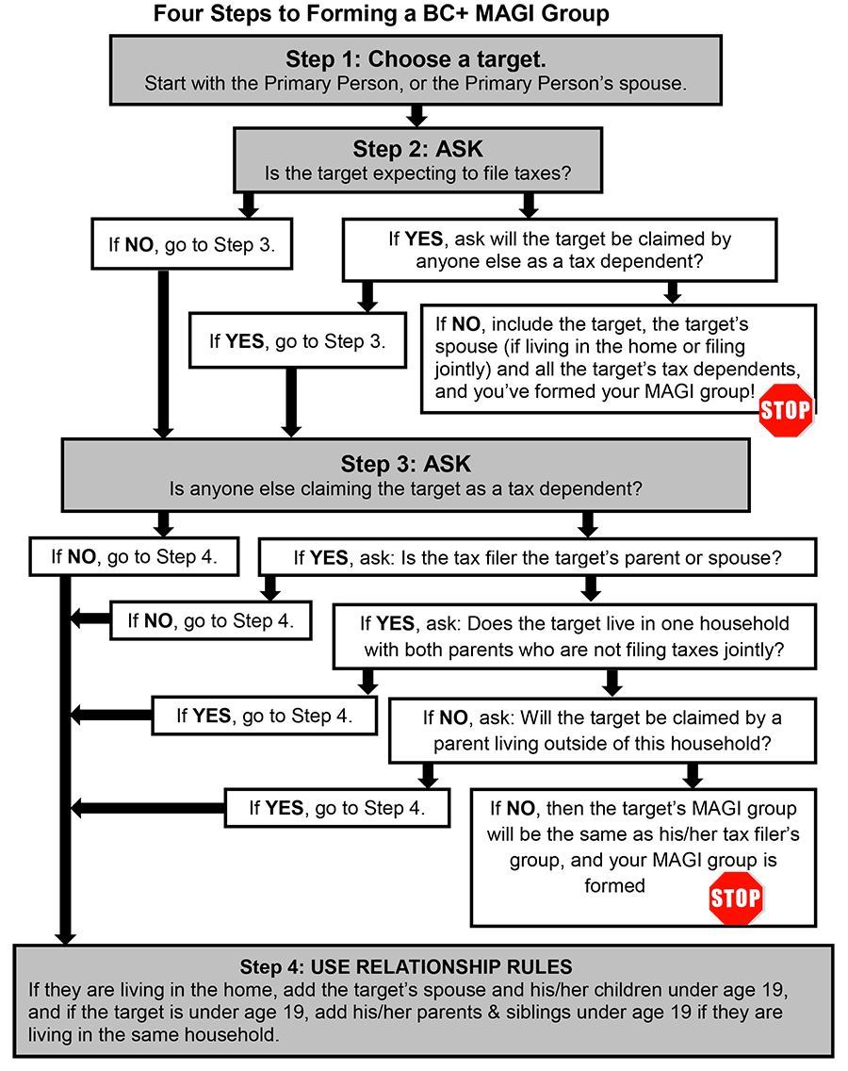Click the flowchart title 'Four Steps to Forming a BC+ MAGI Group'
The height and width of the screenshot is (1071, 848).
point(381,14)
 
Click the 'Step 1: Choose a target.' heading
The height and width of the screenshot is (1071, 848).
point(416,59)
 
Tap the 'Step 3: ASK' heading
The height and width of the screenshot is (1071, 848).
point(405,465)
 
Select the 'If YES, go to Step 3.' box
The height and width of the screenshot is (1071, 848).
point(298,340)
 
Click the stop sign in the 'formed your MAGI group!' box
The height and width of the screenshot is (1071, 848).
point(785,410)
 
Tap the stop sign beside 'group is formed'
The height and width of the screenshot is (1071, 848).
point(735,897)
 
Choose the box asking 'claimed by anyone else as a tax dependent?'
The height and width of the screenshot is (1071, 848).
point(560,250)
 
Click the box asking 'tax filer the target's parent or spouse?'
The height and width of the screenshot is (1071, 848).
point(537,557)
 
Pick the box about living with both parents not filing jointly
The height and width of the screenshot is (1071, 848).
point(575,636)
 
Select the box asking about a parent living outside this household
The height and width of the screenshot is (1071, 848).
point(602,730)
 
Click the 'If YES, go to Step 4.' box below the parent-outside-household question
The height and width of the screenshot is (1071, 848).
point(336,808)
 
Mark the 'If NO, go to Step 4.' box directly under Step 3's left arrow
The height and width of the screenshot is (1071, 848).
point(135,557)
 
